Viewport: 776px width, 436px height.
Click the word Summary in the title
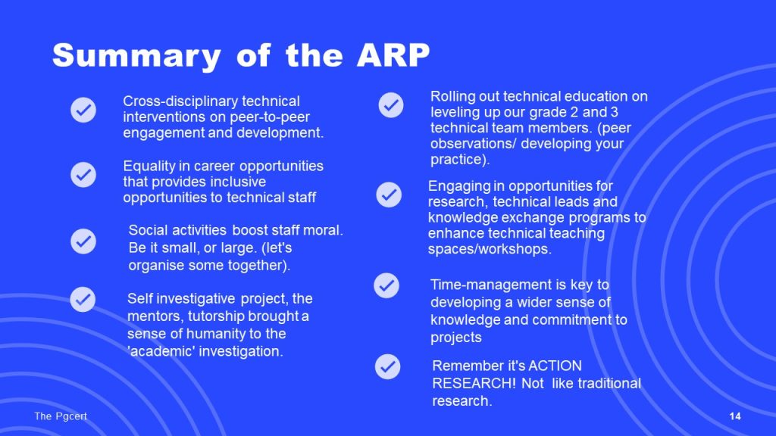point(136,56)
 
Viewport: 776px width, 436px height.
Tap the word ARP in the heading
point(393,54)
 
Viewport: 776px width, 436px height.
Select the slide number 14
point(735,416)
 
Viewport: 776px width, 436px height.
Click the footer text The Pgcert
point(61,416)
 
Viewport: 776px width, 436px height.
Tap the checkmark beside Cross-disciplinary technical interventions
point(83,110)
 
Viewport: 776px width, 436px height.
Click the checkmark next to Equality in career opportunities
point(83,175)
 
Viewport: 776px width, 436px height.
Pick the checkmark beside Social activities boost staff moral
point(83,241)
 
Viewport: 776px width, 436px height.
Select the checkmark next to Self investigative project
point(83,299)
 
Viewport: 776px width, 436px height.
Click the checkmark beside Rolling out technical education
point(391,104)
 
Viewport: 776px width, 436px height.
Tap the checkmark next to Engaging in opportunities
point(389,195)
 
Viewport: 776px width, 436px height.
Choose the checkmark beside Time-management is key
point(386,285)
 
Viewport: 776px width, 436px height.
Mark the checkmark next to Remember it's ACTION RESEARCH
point(387,366)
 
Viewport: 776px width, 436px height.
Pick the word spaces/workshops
point(490,249)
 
